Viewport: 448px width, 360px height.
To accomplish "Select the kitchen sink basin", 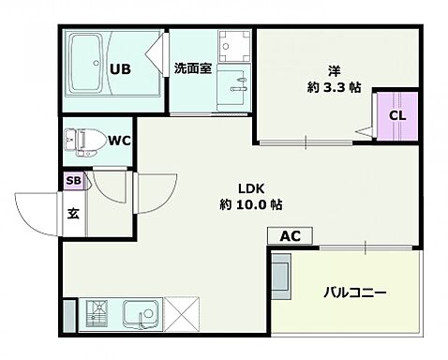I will pos(142,311).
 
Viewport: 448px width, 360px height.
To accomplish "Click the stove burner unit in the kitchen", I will pos(97,311).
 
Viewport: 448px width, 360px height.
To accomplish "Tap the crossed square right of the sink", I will pos(184,311).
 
